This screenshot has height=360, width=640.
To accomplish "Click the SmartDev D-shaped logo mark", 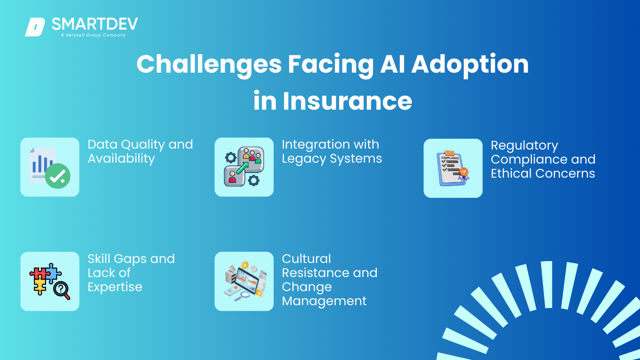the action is (35, 27).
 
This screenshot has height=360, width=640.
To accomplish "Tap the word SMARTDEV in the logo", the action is (95, 24).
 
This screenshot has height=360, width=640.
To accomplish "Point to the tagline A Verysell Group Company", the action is (93, 35).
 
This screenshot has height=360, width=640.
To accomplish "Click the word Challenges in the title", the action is (209, 65).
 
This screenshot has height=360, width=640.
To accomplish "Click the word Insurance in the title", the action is (348, 101).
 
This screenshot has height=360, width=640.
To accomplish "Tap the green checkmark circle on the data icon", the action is (58, 176).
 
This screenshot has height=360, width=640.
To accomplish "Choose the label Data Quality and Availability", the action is (140, 151).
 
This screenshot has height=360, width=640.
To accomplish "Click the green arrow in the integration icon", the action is (242, 168).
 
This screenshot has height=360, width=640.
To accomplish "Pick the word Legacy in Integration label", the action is (304, 159).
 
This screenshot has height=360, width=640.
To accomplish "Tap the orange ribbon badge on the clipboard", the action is (463, 174).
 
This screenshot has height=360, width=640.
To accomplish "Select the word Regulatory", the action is (524, 146).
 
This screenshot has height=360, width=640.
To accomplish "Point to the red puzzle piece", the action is (38, 273).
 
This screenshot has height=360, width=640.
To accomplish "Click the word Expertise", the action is (115, 287).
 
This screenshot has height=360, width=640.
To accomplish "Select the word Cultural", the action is (306, 259).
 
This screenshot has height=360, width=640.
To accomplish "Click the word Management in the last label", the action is (324, 301).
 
